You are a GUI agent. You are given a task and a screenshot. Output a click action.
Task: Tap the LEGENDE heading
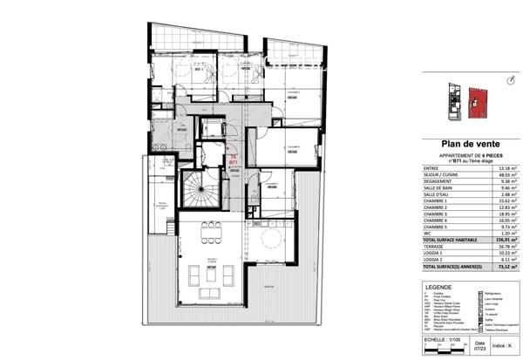438,285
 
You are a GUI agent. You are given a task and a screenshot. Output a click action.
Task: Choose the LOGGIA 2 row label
436,260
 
